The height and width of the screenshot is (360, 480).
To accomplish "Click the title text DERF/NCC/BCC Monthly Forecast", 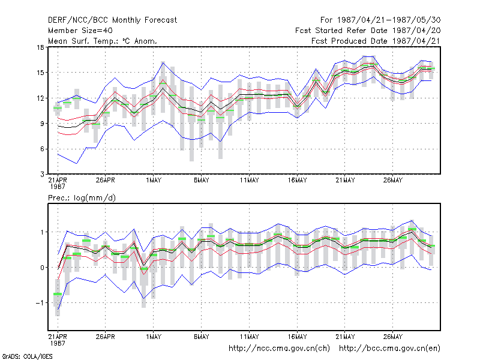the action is pos(112,20).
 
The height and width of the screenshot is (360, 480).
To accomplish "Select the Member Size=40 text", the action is pos(80,31).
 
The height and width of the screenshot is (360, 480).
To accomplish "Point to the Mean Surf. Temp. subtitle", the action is pos(103,41).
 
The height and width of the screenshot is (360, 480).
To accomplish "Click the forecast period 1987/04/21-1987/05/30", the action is pos(380,20).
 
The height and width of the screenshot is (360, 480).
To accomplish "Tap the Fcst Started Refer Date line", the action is pos(368,31).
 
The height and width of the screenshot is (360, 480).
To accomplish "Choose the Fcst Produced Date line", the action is pos(376,41).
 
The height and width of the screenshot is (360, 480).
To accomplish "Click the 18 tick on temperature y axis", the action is pos(40,47).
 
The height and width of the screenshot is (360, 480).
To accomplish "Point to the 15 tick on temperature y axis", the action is pos(40,73).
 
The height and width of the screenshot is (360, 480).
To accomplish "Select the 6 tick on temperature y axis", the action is pos(42,149).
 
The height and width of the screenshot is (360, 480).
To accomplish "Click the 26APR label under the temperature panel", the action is pos(106,181).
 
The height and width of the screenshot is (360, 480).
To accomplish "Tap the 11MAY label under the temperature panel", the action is pos(249,181).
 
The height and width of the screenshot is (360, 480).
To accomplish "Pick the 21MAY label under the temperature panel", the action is pos(345,181).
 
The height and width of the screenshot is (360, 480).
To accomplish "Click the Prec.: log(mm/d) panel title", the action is pos(82,198).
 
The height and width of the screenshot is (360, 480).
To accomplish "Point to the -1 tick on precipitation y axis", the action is pos(40,303).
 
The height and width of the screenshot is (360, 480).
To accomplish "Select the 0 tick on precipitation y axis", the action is pos(42,268).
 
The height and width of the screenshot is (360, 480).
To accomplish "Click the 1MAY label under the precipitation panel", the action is pos(154,337).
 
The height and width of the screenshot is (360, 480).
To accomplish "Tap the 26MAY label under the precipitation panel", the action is pos(393,337).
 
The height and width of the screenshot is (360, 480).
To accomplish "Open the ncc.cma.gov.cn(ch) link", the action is pos(279,349).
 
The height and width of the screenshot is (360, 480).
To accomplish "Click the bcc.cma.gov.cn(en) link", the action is pos(389,349).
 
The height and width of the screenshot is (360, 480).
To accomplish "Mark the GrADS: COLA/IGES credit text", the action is pos(27,356).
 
